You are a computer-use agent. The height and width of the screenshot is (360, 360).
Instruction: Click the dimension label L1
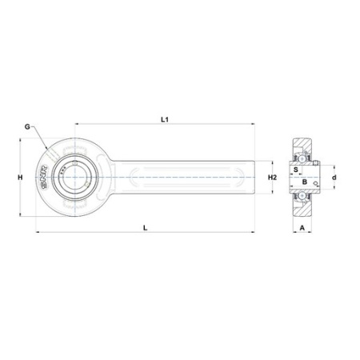164,118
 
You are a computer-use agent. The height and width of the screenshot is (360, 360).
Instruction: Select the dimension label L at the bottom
145,228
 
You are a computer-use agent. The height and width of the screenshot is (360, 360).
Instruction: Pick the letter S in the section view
296,170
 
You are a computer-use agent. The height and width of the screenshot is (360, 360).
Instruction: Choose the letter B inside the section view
304,183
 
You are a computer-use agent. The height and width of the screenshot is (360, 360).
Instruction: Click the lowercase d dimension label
334,177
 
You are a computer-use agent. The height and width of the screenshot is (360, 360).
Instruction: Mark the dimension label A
301,227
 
